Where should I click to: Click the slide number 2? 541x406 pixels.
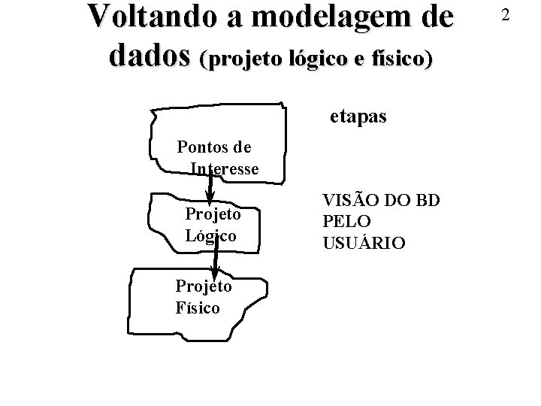(506, 14)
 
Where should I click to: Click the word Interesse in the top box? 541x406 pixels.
(225, 168)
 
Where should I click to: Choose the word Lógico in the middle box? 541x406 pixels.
(210, 236)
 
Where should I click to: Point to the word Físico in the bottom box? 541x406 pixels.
(198, 308)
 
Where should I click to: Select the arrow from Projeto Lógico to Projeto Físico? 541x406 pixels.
(216, 259)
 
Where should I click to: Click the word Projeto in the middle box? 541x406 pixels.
(213, 214)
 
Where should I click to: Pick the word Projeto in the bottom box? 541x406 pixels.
(203, 286)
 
